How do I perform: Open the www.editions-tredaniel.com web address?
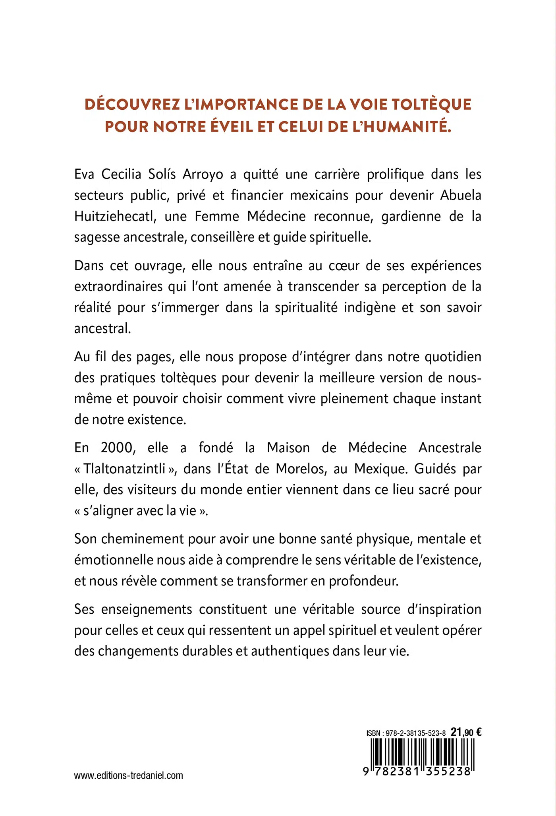click(x=129, y=775)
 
